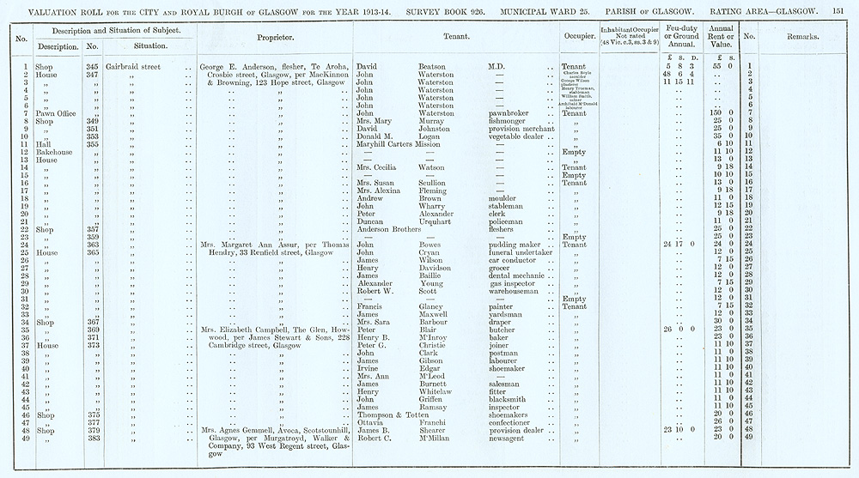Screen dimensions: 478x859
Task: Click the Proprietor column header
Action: (x=275, y=39)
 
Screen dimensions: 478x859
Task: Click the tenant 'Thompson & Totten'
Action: (x=387, y=414)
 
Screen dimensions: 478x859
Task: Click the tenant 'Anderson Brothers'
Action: (x=387, y=229)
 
